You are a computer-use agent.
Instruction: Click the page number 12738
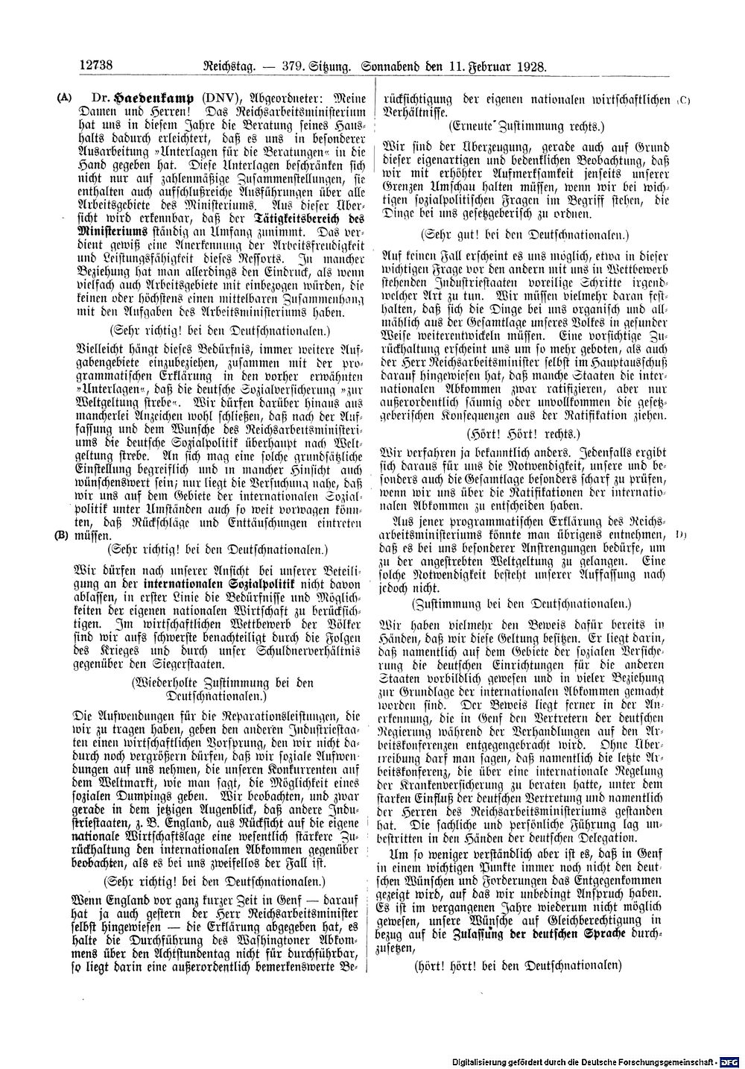coord(95,66)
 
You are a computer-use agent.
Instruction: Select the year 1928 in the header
coord(531,66)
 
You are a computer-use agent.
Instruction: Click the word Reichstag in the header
coord(221,66)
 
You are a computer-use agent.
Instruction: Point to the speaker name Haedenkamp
coord(150,97)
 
